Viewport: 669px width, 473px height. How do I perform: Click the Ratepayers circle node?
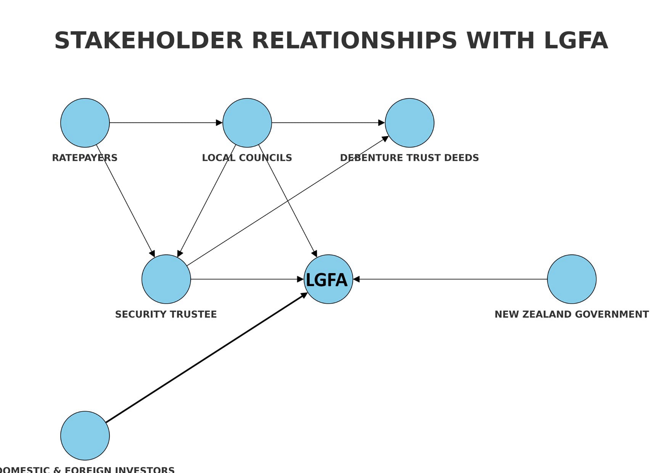tap(85, 122)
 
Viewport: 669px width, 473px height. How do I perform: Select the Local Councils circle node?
tap(247, 122)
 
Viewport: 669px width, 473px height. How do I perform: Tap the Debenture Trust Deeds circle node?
tap(409, 122)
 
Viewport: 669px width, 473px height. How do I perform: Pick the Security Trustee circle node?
tap(166, 279)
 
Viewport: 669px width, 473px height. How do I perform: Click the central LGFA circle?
tap(328, 279)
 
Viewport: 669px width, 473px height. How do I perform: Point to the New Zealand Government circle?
tap(571, 279)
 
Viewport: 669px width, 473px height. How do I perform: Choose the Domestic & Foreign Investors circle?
tap(85, 435)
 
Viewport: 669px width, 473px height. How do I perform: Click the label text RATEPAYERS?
tap(85, 158)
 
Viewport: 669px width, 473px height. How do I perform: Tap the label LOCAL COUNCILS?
tap(247, 158)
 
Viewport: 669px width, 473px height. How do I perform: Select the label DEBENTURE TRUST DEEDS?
tap(409, 158)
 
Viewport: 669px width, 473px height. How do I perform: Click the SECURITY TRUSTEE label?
tap(166, 314)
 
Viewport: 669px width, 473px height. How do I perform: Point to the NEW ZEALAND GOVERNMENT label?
tap(571, 314)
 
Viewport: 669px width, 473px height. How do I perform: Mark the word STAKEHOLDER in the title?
tap(148, 40)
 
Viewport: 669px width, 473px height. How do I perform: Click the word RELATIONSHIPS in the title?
tap(354, 40)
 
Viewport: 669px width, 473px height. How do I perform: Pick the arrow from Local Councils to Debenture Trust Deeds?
tap(328, 122)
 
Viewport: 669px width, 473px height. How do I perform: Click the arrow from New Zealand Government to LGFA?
tap(450, 279)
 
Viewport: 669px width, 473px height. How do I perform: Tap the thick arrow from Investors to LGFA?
tap(206, 358)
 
